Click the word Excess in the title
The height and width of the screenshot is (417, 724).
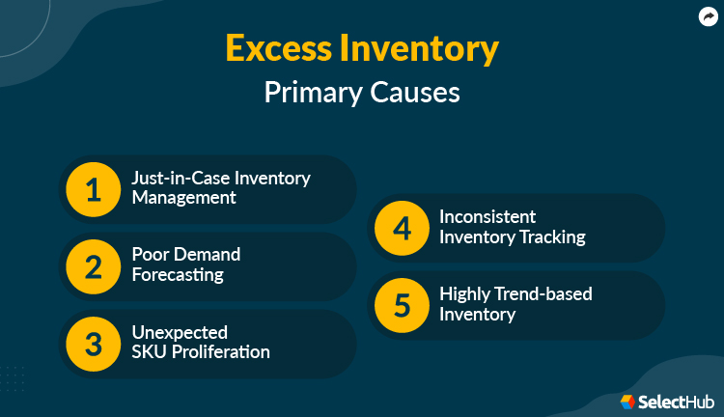coord(282,47)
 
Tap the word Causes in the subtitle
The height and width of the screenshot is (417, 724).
coord(418,93)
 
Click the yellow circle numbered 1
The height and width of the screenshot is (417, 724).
coord(93,189)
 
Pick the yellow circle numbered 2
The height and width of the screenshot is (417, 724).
coord(93,266)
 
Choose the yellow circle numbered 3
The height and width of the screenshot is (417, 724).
coord(93,344)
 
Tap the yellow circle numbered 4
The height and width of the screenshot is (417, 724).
coord(401,228)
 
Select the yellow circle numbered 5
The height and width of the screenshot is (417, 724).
coord(401,305)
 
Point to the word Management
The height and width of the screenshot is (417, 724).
coord(183,198)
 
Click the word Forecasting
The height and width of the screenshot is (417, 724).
coord(178,275)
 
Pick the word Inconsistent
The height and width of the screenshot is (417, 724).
coord(487,217)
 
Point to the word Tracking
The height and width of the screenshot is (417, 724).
coord(550,236)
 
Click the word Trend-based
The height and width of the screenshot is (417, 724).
coord(543,294)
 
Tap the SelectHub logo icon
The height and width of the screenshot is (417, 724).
coord(627,400)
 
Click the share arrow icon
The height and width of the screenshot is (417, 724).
coord(708,16)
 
